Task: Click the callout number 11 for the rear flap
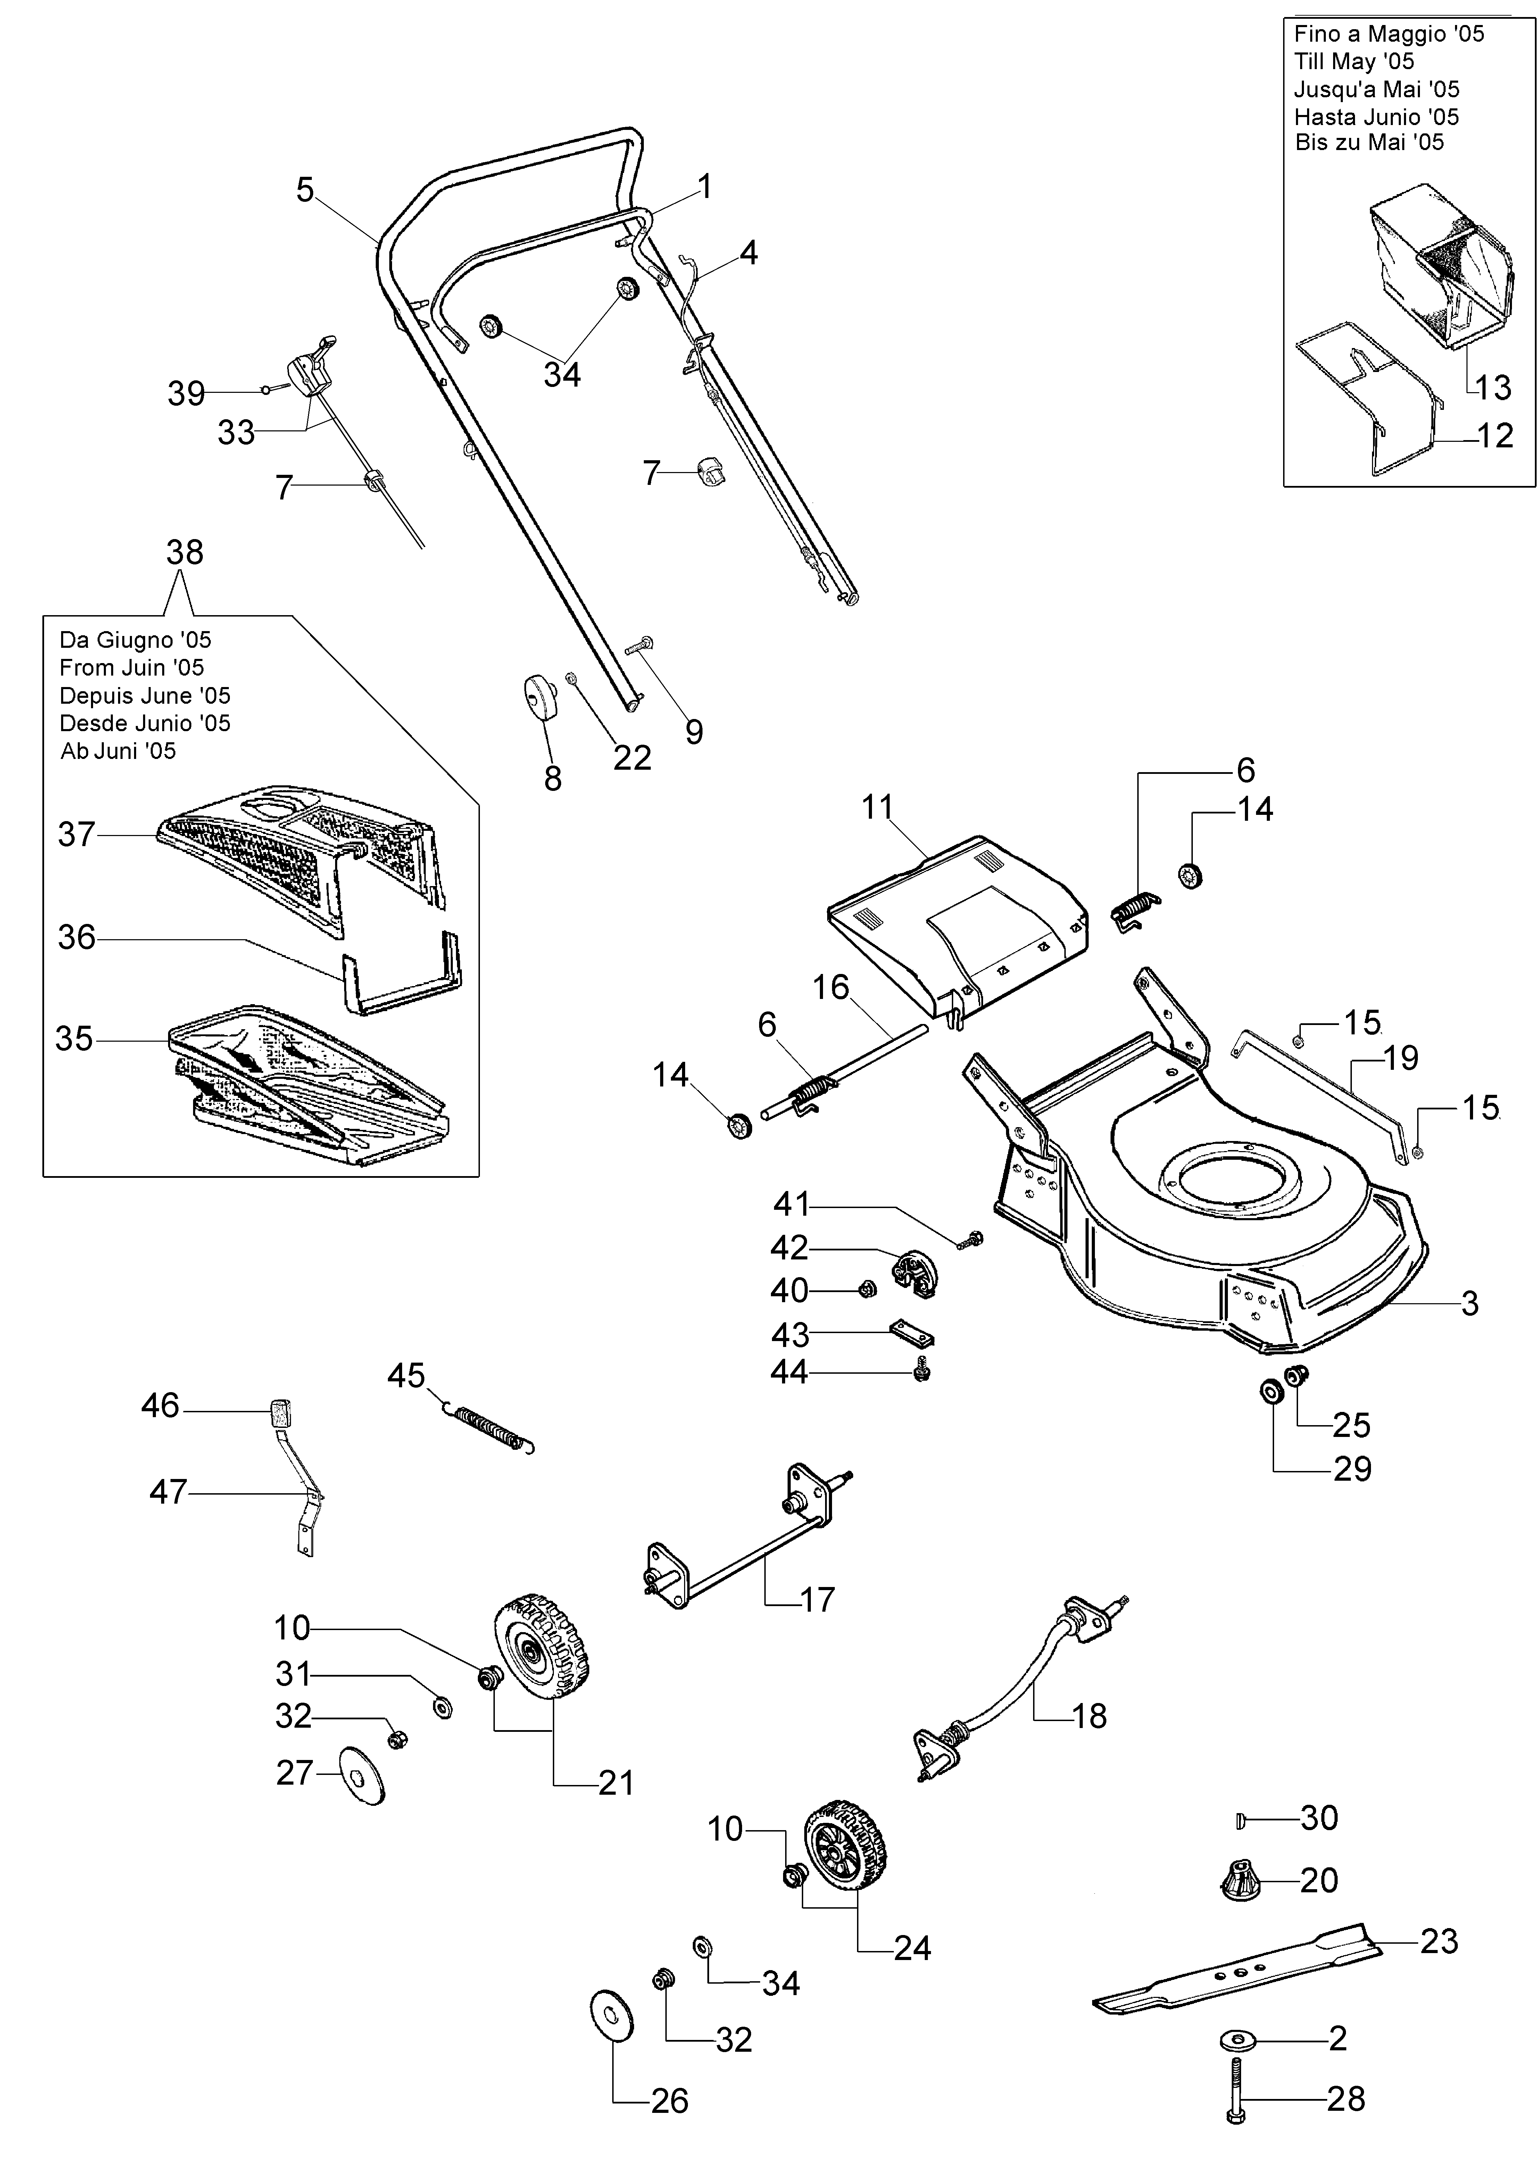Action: [878, 807]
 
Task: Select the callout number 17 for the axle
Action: [817, 1600]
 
